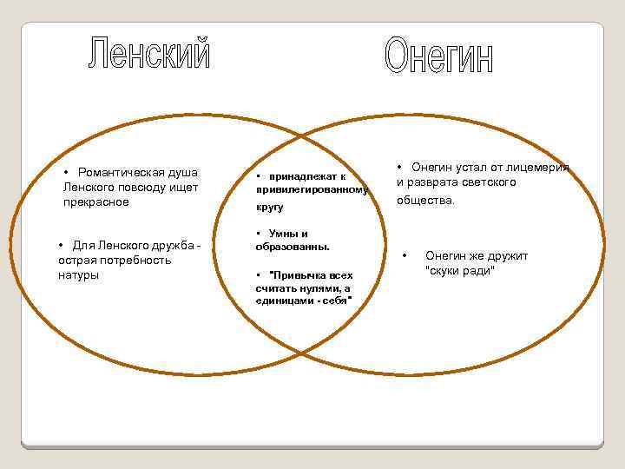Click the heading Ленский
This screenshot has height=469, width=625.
(x=148, y=55)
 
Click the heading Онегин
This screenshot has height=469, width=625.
(x=438, y=56)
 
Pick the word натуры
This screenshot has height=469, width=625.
(x=79, y=275)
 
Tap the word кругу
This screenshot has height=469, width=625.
(x=269, y=208)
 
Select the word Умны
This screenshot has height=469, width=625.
(x=283, y=233)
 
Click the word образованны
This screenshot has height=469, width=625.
(x=292, y=247)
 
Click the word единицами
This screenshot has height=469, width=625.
(x=285, y=300)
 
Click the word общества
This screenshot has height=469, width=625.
(x=425, y=201)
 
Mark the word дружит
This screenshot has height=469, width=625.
(x=505, y=255)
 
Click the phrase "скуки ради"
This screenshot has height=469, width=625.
(x=460, y=270)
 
